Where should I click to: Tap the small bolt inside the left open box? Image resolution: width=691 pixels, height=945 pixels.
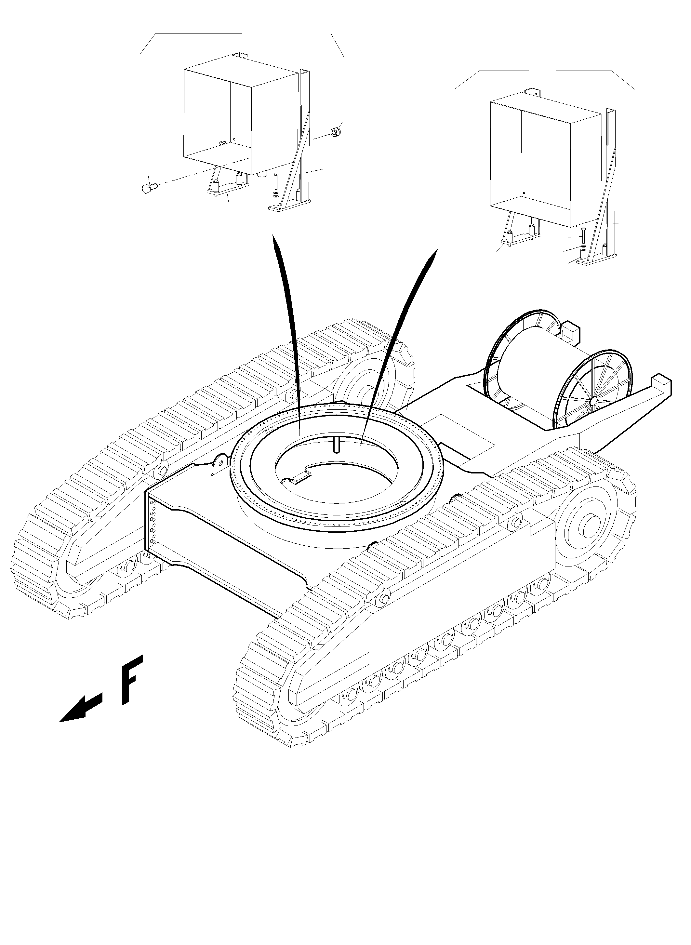[222, 143]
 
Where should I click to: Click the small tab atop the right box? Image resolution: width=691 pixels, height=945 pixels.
[533, 92]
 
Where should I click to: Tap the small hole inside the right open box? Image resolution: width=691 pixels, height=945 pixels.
[524, 193]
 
